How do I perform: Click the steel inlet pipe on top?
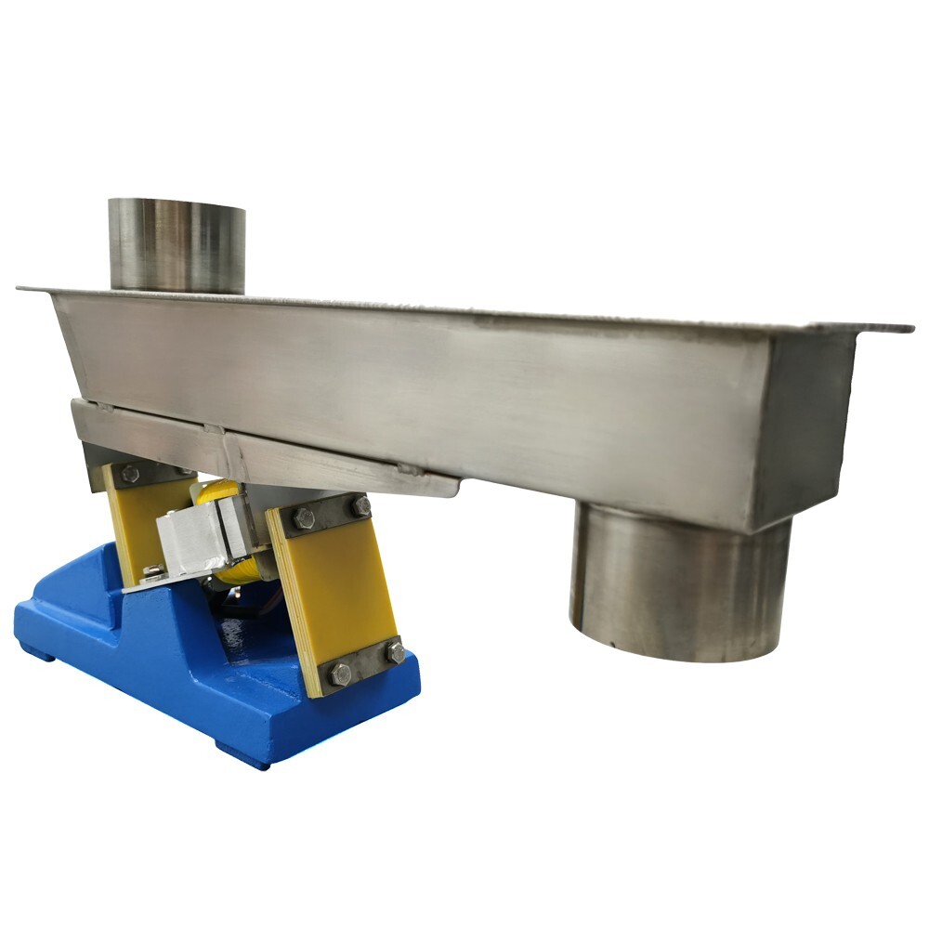click(177, 243)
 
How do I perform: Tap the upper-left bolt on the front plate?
click(304, 518)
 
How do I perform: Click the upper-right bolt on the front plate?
click(360, 505)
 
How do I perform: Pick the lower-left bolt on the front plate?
click(340, 672)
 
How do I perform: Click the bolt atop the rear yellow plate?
click(129, 473)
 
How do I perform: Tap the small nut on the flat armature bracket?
click(151, 571)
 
